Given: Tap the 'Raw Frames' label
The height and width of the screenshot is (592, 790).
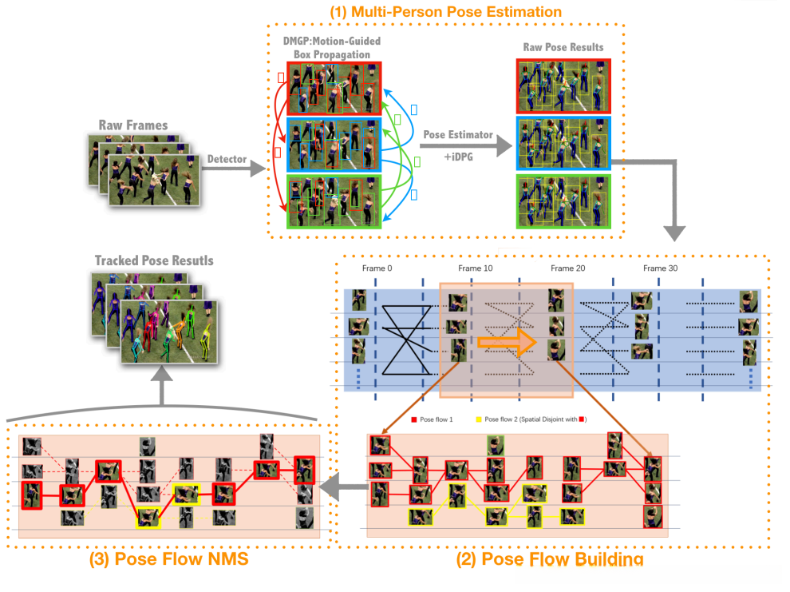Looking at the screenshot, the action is pyautogui.click(x=133, y=125).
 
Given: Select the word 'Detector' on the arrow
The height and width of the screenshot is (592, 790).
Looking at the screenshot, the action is pyautogui.click(x=227, y=160).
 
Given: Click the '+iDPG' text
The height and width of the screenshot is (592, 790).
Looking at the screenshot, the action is pyautogui.click(x=456, y=160).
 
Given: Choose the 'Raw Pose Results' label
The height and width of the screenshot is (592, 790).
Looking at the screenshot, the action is pyautogui.click(x=564, y=47).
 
